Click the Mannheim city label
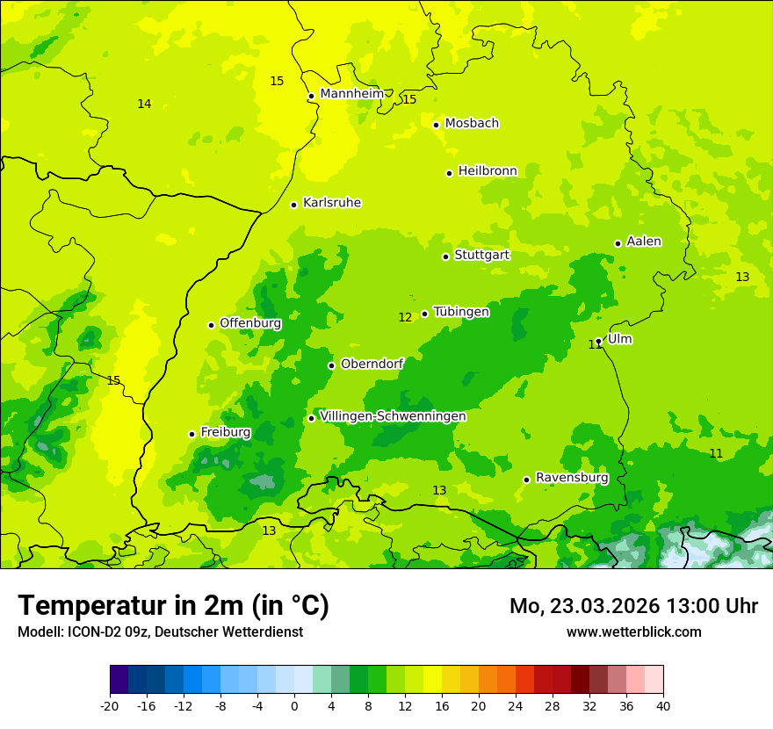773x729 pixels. (x=351, y=94)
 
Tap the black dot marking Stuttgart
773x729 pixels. (x=445, y=256)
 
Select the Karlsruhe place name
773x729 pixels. (x=331, y=203)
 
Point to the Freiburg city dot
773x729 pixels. (x=191, y=434)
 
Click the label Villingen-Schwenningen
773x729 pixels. (x=393, y=416)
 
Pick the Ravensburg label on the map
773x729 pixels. (x=571, y=478)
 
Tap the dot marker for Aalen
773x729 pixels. (x=618, y=243)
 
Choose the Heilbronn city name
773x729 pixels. (x=487, y=171)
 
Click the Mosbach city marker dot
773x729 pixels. (x=436, y=125)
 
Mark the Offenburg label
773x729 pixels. (x=250, y=323)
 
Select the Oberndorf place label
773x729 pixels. (x=372, y=364)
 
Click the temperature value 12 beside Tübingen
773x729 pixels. (x=405, y=317)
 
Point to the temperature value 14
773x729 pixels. (x=144, y=105)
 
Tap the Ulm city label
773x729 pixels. (x=619, y=339)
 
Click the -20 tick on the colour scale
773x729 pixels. (x=110, y=705)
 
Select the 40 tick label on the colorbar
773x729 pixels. (x=663, y=705)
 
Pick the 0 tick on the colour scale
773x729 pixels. (x=294, y=705)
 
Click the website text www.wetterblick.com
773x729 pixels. (x=633, y=632)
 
